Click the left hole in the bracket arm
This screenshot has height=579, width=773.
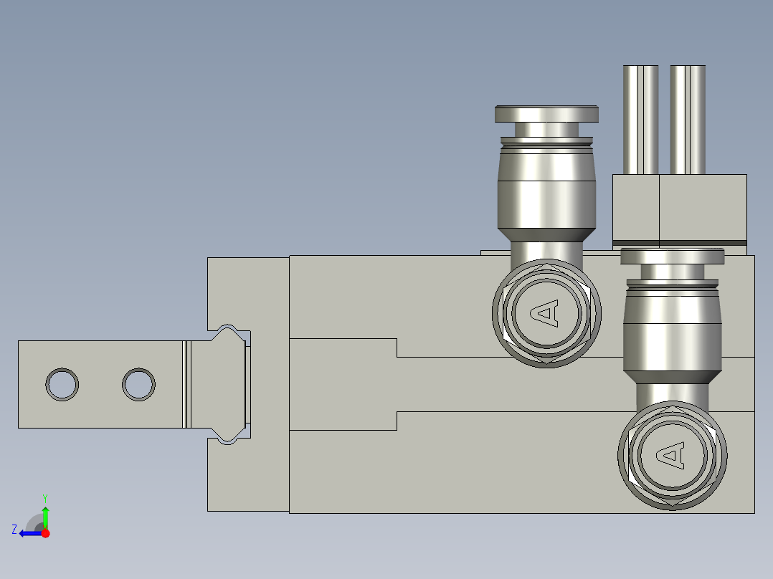(x=62, y=384)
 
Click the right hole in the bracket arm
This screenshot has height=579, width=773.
(x=138, y=384)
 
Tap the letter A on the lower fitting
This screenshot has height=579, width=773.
(x=671, y=454)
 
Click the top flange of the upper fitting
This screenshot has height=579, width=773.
(x=546, y=114)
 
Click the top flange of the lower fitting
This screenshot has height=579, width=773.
(x=672, y=256)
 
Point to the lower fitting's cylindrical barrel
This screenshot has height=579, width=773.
(x=672, y=333)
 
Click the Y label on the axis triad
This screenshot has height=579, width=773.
(x=45, y=497)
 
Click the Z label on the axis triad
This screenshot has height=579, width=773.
(x=14, y=530)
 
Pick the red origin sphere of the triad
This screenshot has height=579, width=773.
(x=46, y=532)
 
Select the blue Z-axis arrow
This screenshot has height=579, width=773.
(x=29, y=532)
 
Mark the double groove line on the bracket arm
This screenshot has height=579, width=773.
(x=186, y=384)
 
